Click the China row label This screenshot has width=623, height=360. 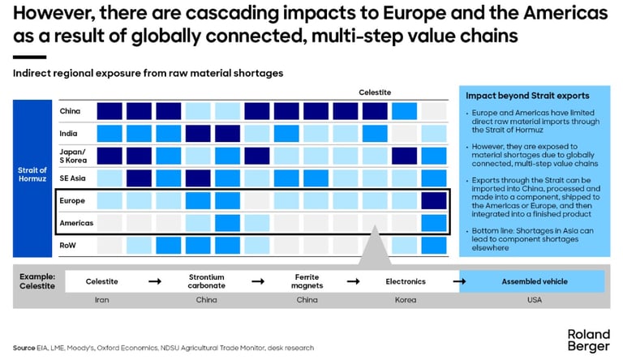pyautogui.click(x=69, y=111)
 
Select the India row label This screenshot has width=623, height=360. pyautogui.click(x=69, y=133)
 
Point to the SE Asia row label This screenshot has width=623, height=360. pyautogui.click(x=72, y=178)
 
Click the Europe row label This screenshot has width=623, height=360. pyautogui.click(x=71, y=199)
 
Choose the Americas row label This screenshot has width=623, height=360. pyautogui.click(x=75, y=221)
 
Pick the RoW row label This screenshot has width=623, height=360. pyautogui.click(x=69, y=244)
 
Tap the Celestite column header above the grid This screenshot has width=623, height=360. pyautogui.click(x=375, y=92)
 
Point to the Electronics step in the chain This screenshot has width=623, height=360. pyautogui.click(x=405, y=281)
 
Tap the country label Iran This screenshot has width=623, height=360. pyautogui.click(x=102, y=300)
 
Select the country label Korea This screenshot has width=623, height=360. pyautogui.click(x=405, y=300)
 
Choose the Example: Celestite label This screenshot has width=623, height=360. pyautogui.click(x=37, y=281)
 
